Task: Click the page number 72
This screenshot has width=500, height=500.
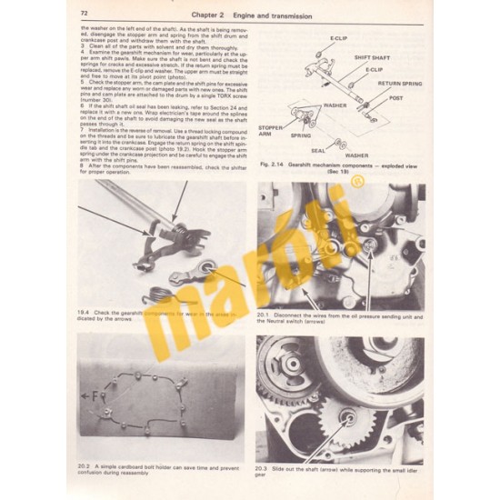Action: tap(85, 14)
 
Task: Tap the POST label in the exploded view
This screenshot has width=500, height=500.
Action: tap(396, 97)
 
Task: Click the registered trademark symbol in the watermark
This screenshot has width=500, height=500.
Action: tap(331, 185)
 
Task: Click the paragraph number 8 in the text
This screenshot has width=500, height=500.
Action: tap(82, 165)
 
